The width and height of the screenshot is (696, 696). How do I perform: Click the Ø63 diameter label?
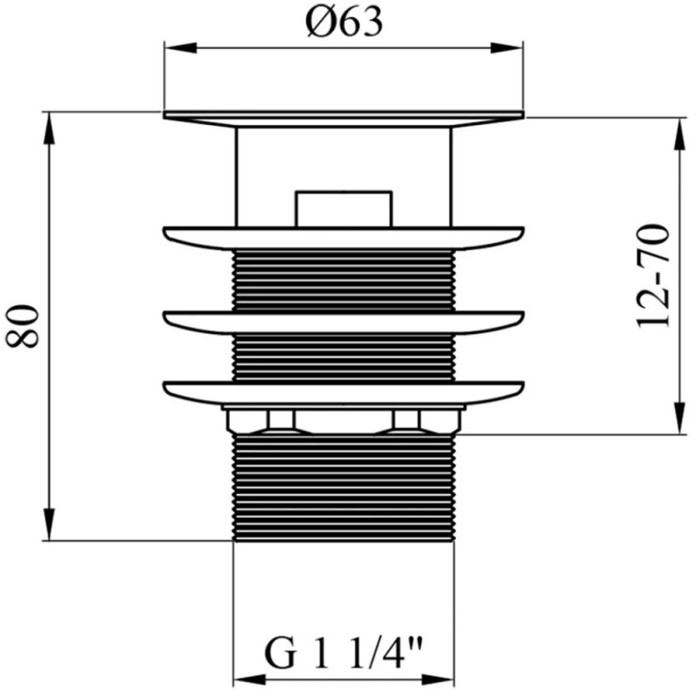pyautogui.click(x=344, y=23)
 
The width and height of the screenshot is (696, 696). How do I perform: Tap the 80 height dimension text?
pyautogui.click(x=23, y=326)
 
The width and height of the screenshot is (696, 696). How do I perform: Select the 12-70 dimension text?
pyautogui.click(x=652, y=277)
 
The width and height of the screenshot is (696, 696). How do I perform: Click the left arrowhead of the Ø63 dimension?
pyautogui.click(x=180, y=48)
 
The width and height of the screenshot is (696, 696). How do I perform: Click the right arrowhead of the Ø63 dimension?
pyautogui.click(x=507, y=48)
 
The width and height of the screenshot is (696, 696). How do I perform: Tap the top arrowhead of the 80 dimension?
pyautogui.click(x=50, y=128)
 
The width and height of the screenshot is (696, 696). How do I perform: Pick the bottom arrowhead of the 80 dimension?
pyautogui.click(x=50, y=525)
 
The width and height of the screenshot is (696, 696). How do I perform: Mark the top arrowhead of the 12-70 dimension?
pyautogui.click(x=679, y=135)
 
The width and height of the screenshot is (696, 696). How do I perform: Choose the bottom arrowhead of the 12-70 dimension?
pyautogui.click(x=679, y=418)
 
